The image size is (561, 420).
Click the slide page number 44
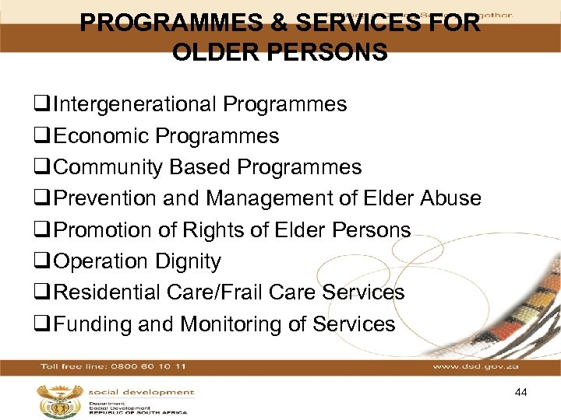(521, 393)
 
